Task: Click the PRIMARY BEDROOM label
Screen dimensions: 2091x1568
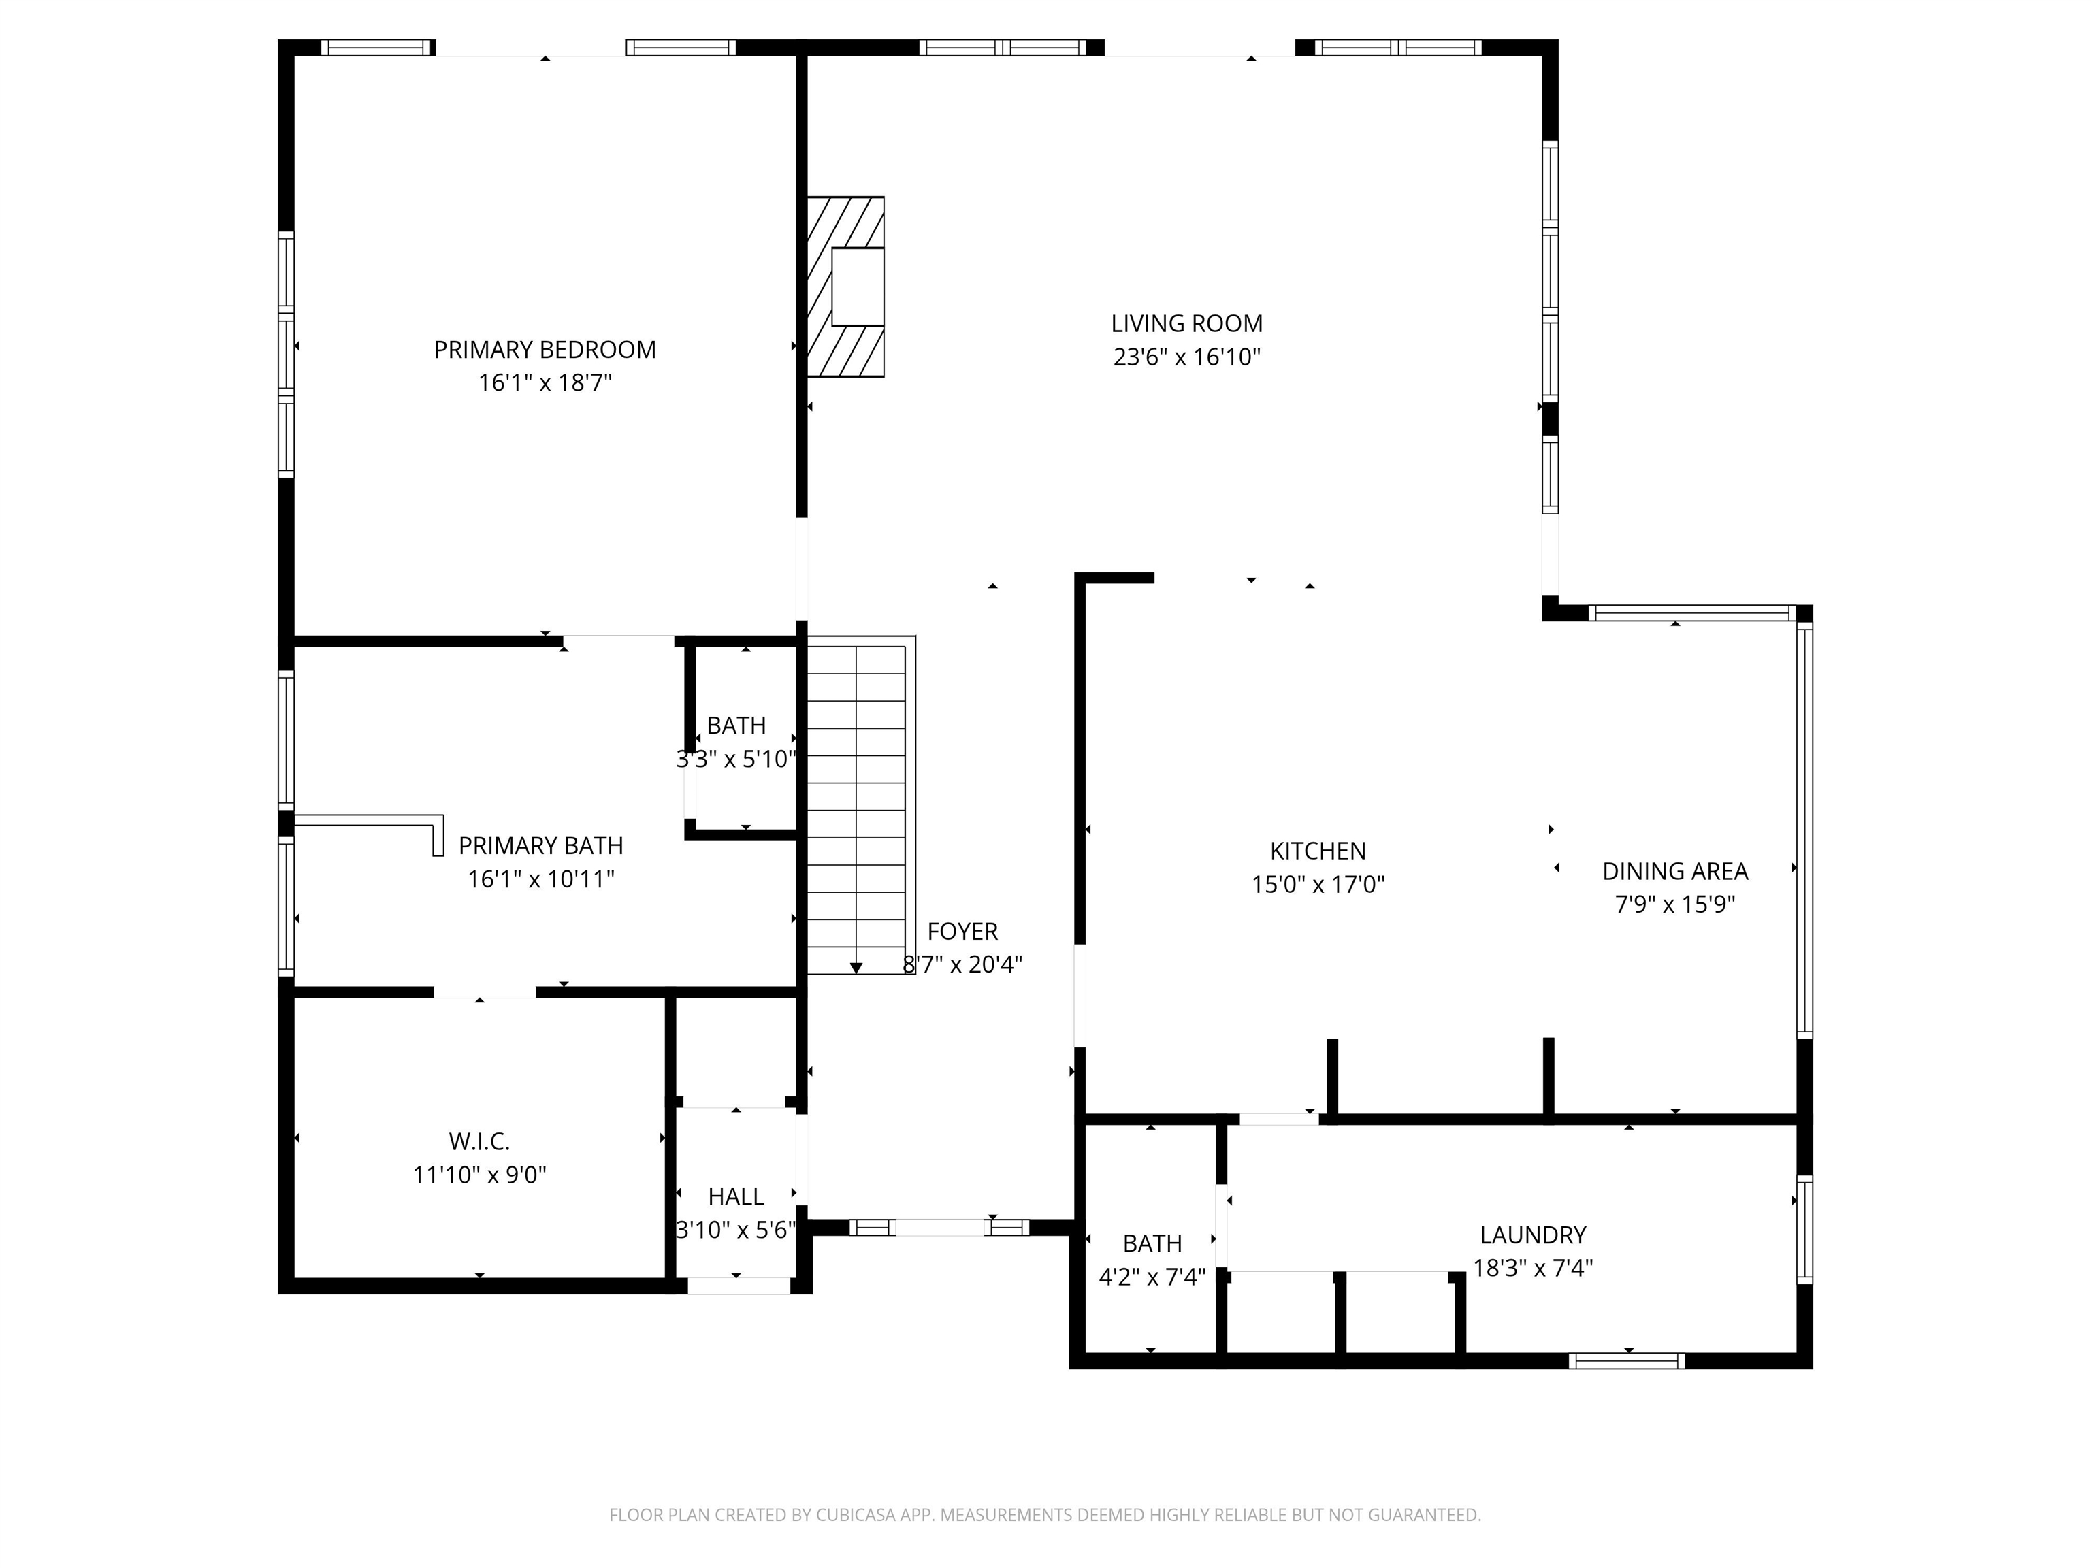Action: [x=545, y=350]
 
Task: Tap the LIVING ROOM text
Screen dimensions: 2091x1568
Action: [x=1186, y=323]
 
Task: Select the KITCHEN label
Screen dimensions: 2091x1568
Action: [x=1318, y=851]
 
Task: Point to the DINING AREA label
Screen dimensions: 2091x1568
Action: [x=1675, y=870]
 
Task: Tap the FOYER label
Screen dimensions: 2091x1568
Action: [x=962, y=931]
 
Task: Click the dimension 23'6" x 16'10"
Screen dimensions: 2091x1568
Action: [x=1186, y=357]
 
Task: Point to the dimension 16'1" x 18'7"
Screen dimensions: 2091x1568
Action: [x=545, y=382]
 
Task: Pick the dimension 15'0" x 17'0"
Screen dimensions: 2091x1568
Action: [x=1318, y=885]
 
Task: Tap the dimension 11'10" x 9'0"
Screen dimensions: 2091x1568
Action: [x=479, y=1175]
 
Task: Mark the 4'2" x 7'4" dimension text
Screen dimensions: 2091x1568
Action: [x=1152, y=1277]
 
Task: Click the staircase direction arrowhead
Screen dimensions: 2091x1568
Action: [x=856, y=968]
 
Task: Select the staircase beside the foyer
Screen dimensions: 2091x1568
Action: [x=860, y=804]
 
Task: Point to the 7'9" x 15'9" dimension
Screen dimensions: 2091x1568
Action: [x=1675, y=904]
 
